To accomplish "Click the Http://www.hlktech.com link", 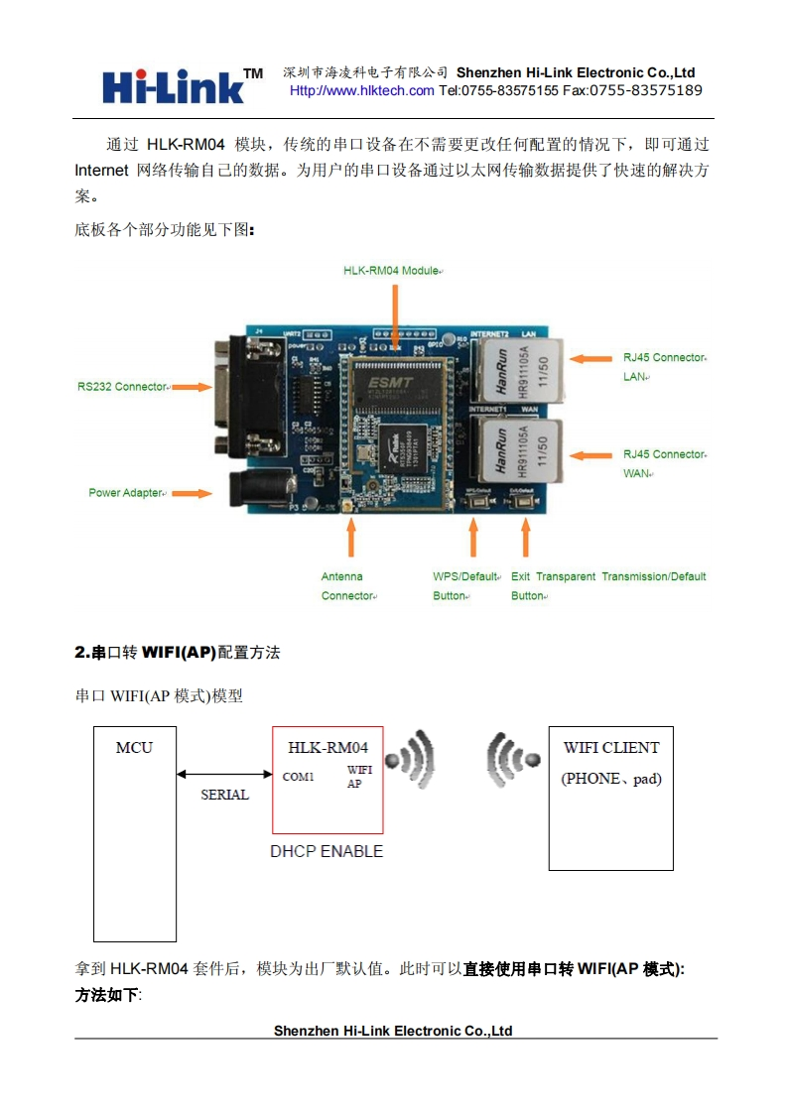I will pos(361,90).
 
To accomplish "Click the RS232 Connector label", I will pos(123,386).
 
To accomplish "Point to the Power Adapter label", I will pos(126,492).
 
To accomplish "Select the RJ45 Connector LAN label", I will pos(664,367).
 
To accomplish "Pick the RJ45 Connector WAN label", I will pos(664,463).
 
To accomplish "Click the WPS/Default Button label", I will pos(465,586).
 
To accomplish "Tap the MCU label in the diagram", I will pos(134,747).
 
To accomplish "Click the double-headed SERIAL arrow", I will pos(224,775).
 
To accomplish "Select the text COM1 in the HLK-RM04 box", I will pos(299,777).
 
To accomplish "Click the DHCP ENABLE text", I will pos(327,851).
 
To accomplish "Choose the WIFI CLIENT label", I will pos(611,747).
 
